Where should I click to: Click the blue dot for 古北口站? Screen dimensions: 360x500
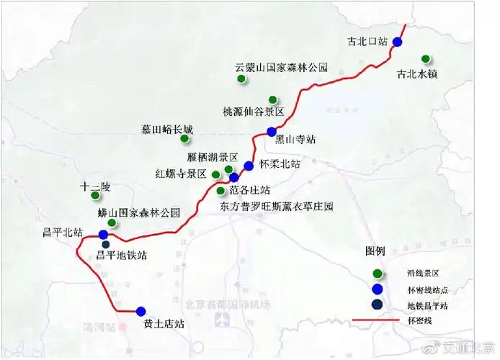coord(397,42)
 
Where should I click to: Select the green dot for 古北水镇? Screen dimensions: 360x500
coord(426,58)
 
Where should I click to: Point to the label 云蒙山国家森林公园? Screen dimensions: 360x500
coord(281,68)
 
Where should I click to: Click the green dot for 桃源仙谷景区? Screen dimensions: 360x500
coord(272,99)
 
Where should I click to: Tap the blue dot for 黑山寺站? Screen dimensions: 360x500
coord(272,131)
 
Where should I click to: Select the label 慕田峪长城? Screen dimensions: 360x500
coord(167,130)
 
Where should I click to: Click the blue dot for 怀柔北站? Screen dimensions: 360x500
coord(249,166)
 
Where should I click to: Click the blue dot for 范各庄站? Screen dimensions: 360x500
coord(233,177)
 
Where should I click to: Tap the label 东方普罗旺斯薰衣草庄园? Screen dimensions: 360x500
coord(277,207)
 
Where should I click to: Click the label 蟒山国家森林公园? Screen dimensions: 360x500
coord(138,213)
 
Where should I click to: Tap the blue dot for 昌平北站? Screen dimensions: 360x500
coord(103,235)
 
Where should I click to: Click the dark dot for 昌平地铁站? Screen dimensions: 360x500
coord(106,244)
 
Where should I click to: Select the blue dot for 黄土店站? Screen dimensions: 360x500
coord(140,311)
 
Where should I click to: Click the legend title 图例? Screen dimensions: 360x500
coord(376,252)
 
